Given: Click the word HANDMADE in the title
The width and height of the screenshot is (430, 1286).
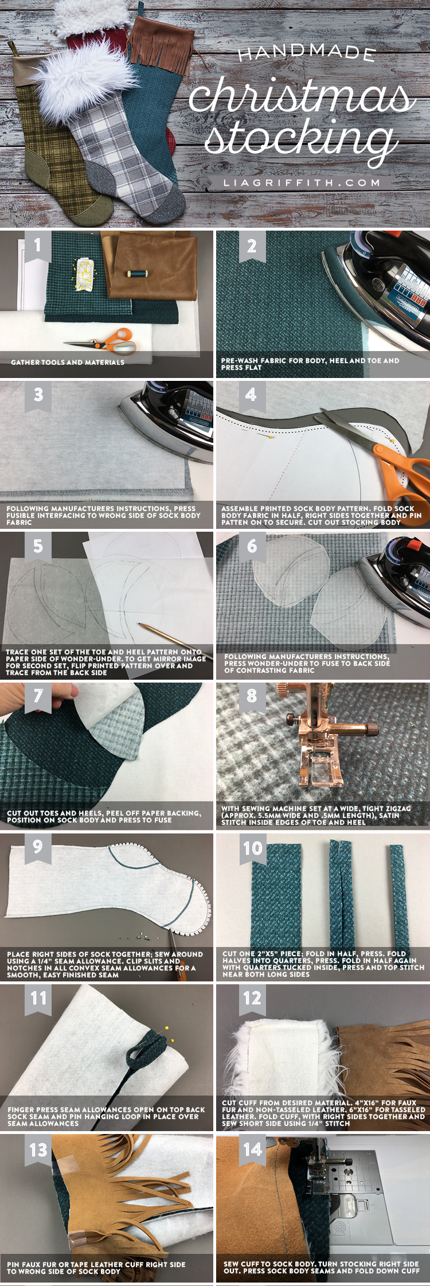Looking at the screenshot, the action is pyautogui.click(x=307, y=53).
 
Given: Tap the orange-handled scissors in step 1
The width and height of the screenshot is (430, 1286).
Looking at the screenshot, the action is pyautogui.click(x=103, y=341).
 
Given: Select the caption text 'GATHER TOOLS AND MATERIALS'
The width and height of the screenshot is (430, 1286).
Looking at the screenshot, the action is pyautogui.click(x=68, y=363).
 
